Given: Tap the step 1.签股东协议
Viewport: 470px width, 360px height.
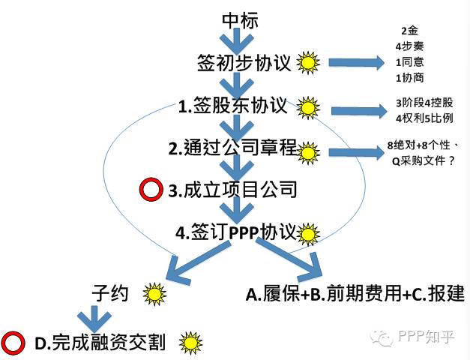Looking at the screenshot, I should [x=234, y=105].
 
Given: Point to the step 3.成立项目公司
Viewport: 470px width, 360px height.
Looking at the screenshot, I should [x=233, y=190].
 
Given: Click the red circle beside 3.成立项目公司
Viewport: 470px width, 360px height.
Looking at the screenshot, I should [x=151, y=190].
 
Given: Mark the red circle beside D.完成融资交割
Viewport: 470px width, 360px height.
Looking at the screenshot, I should [x=13, y=344].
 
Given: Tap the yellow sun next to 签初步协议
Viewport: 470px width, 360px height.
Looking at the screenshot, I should [x=307, y=62].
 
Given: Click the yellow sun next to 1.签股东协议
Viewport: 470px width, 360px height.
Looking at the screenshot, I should [x=307, y=107].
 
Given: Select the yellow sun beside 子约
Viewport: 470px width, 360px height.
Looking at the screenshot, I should [x=155, y=293].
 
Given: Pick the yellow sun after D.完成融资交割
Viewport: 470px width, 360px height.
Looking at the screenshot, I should [x=191, y=343].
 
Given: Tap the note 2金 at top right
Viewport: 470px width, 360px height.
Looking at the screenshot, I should [x=409, y=31].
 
